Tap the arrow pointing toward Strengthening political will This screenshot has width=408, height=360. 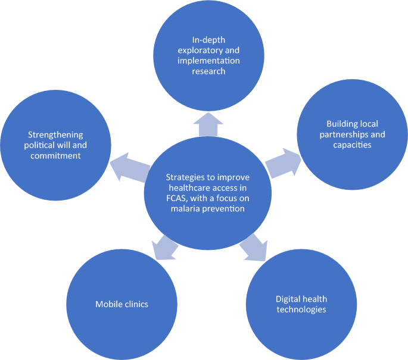click(130, 167)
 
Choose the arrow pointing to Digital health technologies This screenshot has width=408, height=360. click(254, 248)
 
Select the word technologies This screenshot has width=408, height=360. click(301, 309)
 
